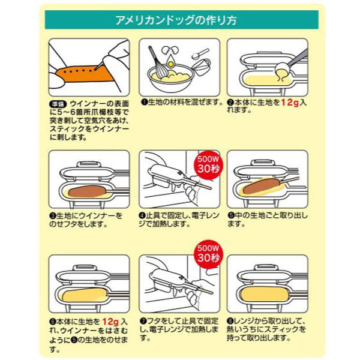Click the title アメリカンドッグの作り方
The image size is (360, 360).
(176, 20)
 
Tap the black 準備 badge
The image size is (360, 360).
(58, 104)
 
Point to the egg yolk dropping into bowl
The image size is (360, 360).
(170, 64)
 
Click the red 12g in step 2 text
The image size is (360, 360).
(290, 103)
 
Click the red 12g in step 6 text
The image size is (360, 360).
(110, 322)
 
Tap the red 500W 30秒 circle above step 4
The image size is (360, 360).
(208, 165)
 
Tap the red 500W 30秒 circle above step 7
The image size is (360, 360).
(208, 254)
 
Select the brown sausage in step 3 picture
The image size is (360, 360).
(87, 191)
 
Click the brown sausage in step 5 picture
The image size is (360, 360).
(263, 185)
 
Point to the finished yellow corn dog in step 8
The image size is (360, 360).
(265, 294)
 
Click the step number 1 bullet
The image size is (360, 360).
(145, 103)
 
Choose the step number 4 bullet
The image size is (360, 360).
(142, 215)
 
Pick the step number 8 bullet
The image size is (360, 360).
(230, 321)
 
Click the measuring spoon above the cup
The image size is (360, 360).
(200, 53)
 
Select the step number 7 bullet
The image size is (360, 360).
(143, 321)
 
